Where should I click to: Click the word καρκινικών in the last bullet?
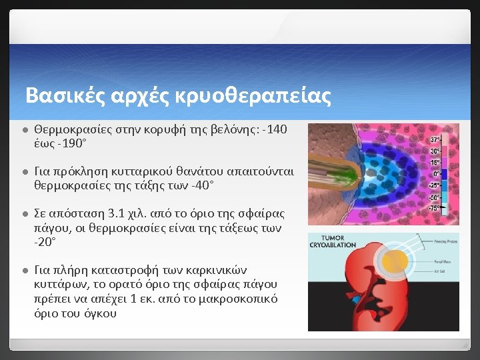click(216, 270)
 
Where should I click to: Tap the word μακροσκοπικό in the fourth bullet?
click(229, 299)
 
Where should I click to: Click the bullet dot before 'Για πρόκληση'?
click(23, 172)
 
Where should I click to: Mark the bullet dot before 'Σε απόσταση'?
click(23, 214)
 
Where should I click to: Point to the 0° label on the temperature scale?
click(435, 173)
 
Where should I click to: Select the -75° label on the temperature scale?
click(433, 209)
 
